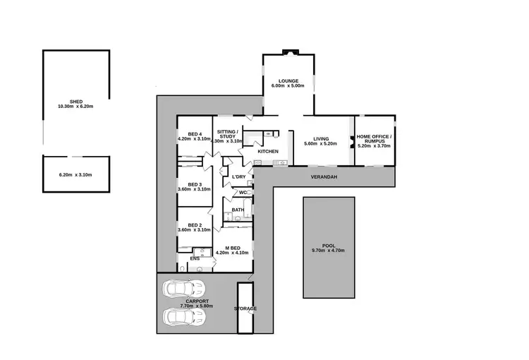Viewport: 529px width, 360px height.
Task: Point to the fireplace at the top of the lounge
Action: click(288, 52)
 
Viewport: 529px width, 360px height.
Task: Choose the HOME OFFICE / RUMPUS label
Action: click(374, 137)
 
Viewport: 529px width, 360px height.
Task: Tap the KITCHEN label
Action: click(268, 152)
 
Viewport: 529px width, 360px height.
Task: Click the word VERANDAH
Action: click(321, 178)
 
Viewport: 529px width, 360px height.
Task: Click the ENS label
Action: click(195, 259)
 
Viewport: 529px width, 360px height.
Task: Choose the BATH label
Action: click(238, 210)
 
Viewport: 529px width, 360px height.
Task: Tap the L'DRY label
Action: click(238, 176)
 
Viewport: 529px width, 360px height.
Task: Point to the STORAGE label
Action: click(245, 309)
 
